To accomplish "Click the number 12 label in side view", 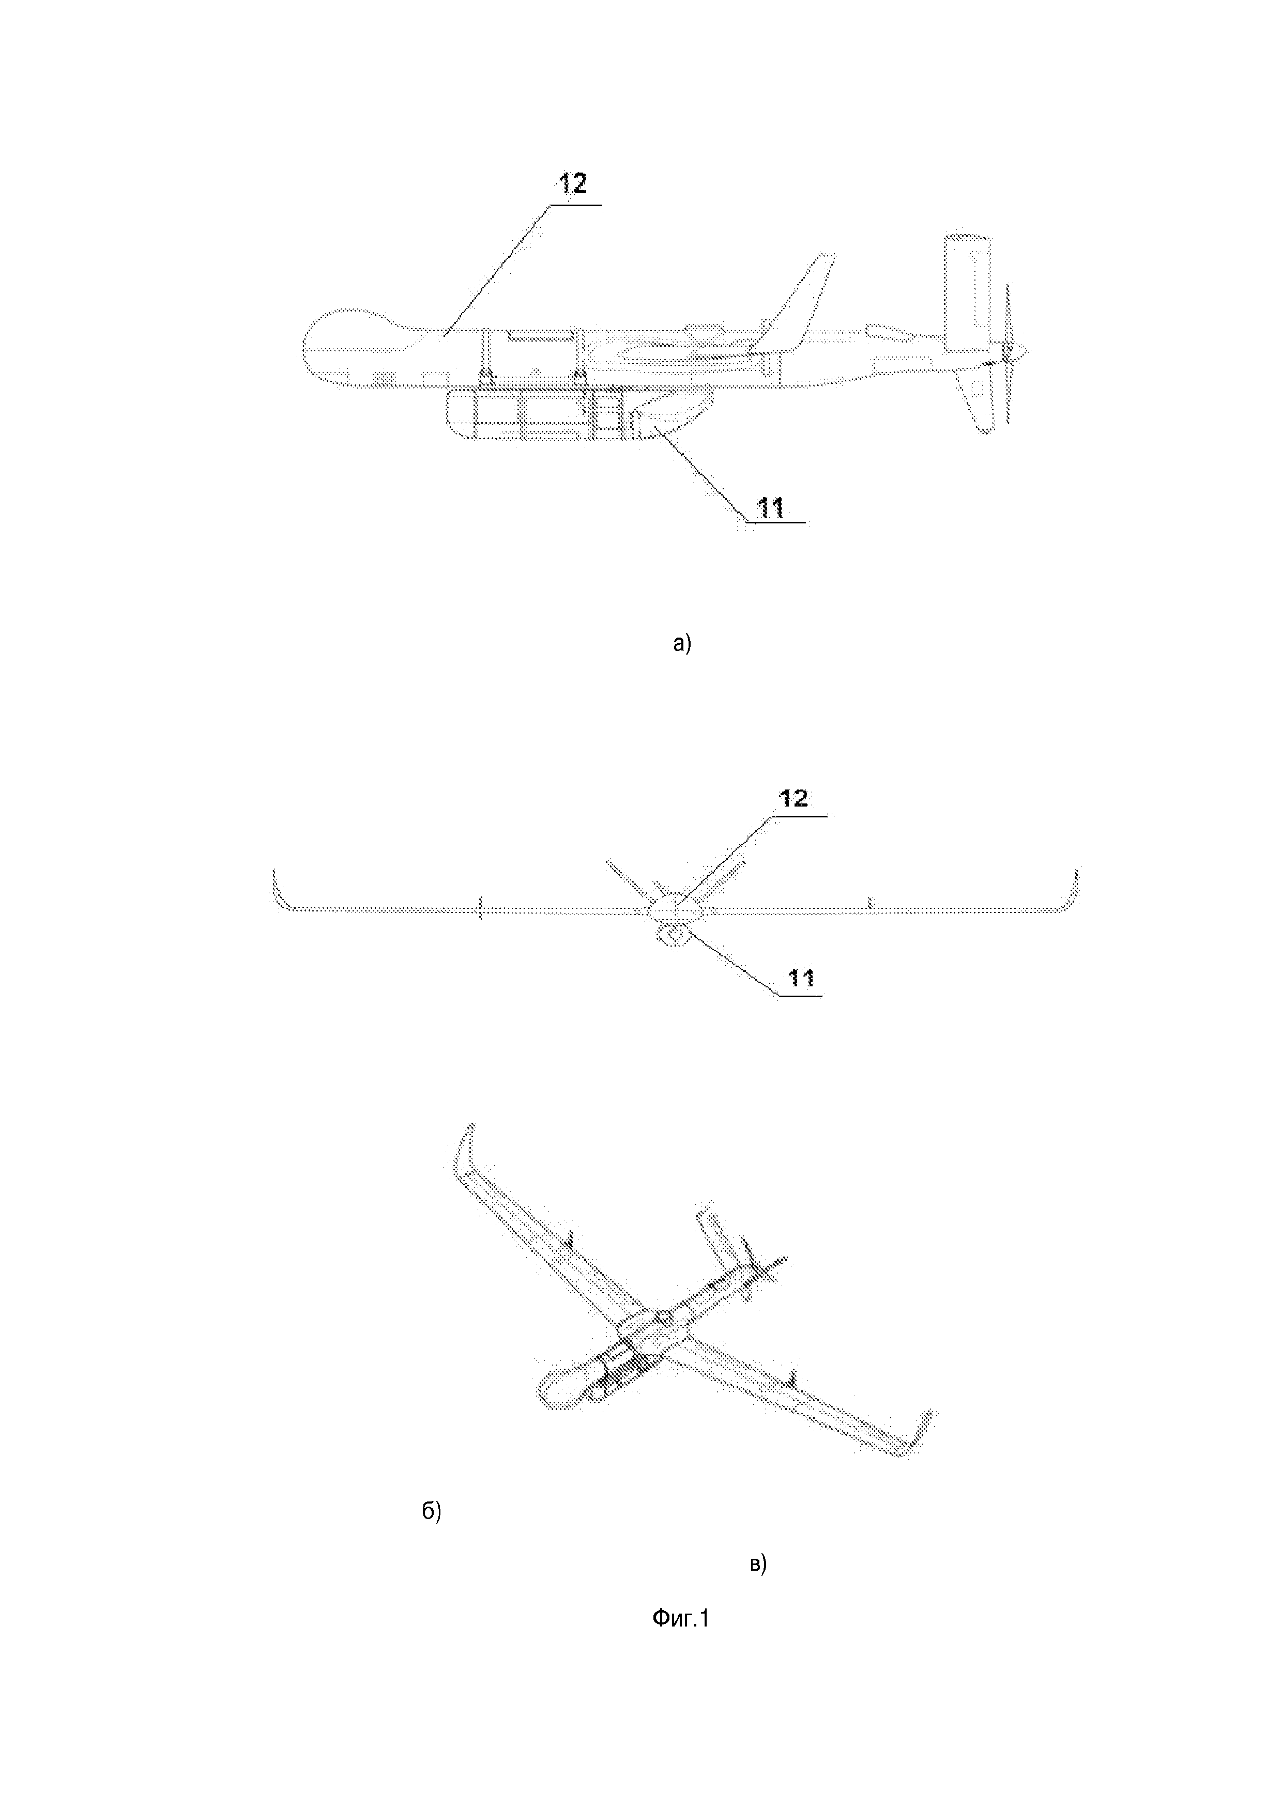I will click(574, 184).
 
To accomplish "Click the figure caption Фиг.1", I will click(680, 1619).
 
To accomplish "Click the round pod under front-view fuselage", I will click(673, 936).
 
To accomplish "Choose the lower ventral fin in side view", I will click(975, 401).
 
